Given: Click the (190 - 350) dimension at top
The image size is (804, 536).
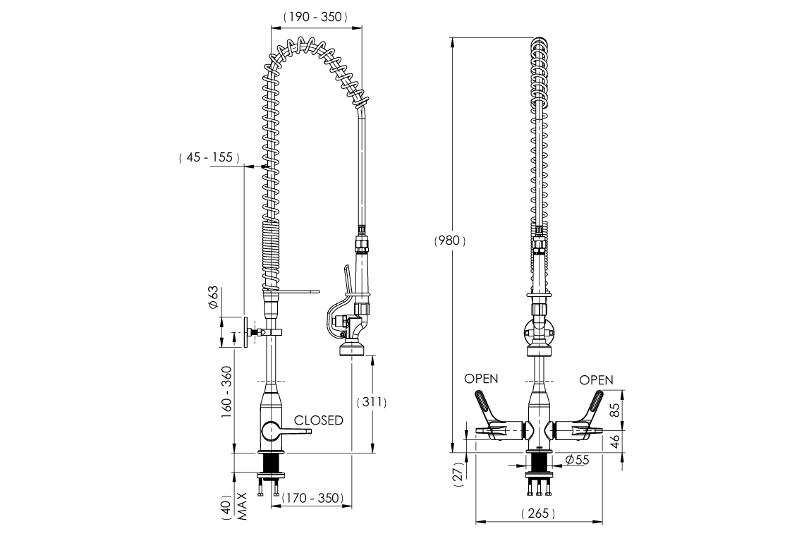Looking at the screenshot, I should coord(315,18).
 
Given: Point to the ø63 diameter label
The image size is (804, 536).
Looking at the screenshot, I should coord(212,298).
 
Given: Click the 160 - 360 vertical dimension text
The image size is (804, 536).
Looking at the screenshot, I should coord(226,392).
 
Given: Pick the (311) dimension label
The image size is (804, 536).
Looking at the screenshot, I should coord(372,402).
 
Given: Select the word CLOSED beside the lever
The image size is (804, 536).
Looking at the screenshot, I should coord(318,420).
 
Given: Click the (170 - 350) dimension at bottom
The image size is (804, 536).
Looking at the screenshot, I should coord(312,498).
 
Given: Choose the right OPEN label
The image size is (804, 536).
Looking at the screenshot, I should coord(596,380).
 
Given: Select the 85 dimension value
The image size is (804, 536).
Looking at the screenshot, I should coord(613,410).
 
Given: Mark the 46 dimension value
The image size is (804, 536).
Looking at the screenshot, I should coord(613,442).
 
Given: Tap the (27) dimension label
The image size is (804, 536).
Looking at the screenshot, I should coord(459,476).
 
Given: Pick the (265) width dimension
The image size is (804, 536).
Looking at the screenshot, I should coord(538,513).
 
